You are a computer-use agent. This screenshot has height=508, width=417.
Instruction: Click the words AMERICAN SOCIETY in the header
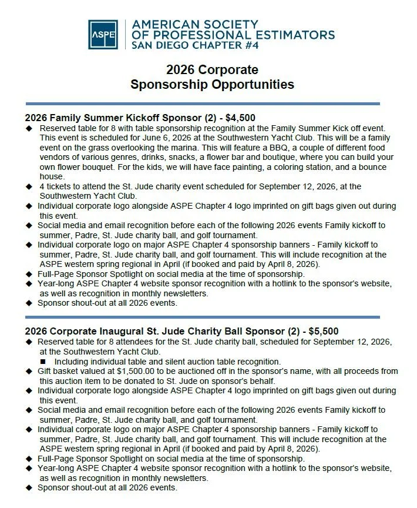click(x=195, y=24)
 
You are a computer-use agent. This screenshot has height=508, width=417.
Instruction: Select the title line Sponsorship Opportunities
click(x=212, y=85)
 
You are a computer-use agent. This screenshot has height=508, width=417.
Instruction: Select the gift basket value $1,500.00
click(x=136, y=371)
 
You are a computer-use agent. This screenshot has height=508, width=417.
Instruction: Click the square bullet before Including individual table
click(x=43, y=362)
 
